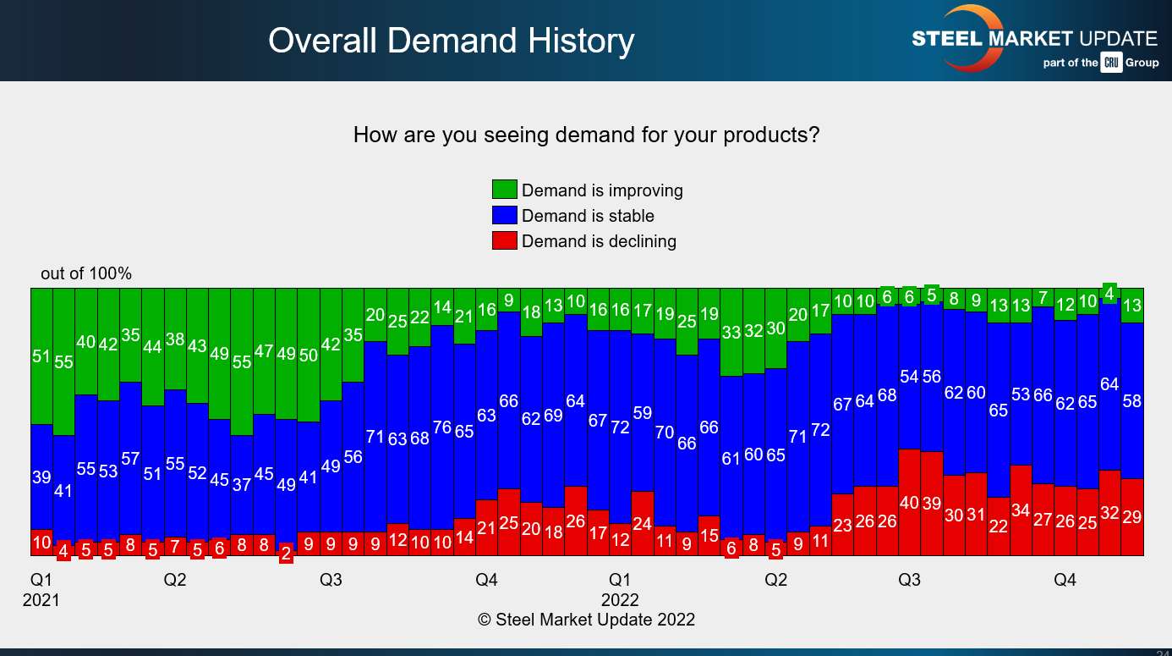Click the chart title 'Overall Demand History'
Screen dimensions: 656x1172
[x=451, y=41]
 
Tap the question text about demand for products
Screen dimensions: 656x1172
[x=586, y=135]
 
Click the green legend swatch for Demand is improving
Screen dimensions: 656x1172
[x=504, y=190]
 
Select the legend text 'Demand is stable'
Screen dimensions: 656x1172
[x=588, y=216]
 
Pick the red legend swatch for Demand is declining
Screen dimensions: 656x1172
[x=504, y=241]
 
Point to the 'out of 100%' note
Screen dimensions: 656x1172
[x=86, y=273]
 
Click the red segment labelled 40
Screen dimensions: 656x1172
[x=909, y=502]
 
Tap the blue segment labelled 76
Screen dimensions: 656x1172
[x=442, y=427]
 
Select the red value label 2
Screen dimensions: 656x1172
[x=286, y=554]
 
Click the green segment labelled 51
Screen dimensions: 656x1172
[x=41, y=356]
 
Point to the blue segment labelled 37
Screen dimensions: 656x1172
[x=242, y=485]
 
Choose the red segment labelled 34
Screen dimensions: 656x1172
[x=1021, y=510]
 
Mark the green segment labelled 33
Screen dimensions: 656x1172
[x=731, y=332]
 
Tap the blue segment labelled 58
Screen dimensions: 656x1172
[x=1132, y=400]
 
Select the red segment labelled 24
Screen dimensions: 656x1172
[x=643, y=523]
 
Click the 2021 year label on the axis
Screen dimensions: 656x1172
[x=41, y=600]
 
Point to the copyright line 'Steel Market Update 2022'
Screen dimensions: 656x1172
[x=586, y=620]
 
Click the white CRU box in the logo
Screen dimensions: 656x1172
[x=1110, y=63]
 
